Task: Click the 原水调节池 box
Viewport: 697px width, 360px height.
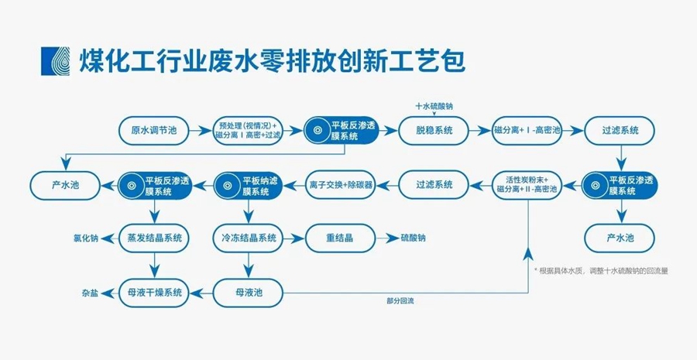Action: point(153,131)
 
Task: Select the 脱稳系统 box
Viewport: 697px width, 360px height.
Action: point(433,131)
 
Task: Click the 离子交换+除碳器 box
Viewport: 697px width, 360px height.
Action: point(341,185)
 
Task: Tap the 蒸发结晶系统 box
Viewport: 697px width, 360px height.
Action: point(154,238)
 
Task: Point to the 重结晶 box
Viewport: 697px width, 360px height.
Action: point(341,238)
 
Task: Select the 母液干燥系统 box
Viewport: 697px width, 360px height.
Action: point(154,292)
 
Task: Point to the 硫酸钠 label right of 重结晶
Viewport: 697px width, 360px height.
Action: point(412,238)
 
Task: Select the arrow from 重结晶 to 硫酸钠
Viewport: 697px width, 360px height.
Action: point(386,238)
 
